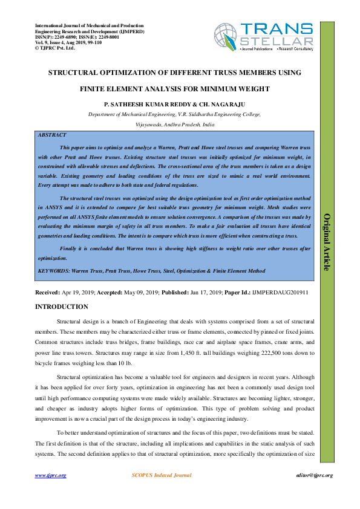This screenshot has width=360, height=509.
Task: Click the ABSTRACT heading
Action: click(x=52, y=135)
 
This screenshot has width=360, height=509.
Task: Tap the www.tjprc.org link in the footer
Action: click(x=50, y=475)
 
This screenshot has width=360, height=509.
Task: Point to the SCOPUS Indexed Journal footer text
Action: click(x=162, y=475)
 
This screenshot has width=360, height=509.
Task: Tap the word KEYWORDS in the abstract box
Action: click(x=53, y=271)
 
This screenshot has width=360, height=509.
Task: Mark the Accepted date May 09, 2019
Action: click(x=140, y=292)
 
